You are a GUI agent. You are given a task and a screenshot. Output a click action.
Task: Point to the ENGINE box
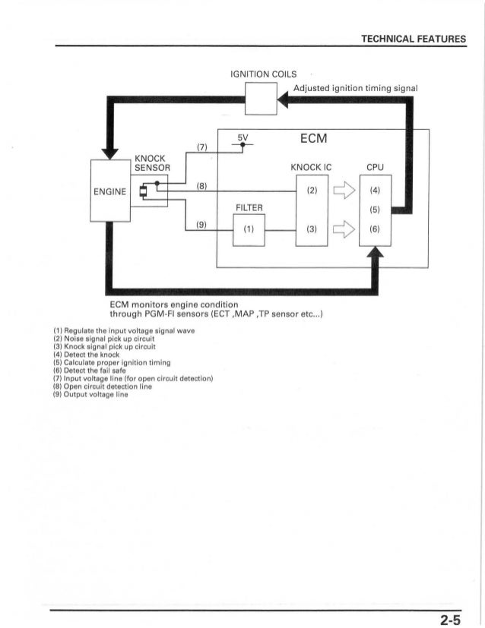(109, 191)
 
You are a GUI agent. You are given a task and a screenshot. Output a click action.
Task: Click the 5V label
(242, 139)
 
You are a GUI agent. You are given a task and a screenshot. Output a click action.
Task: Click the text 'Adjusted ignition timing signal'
(355, 87)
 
